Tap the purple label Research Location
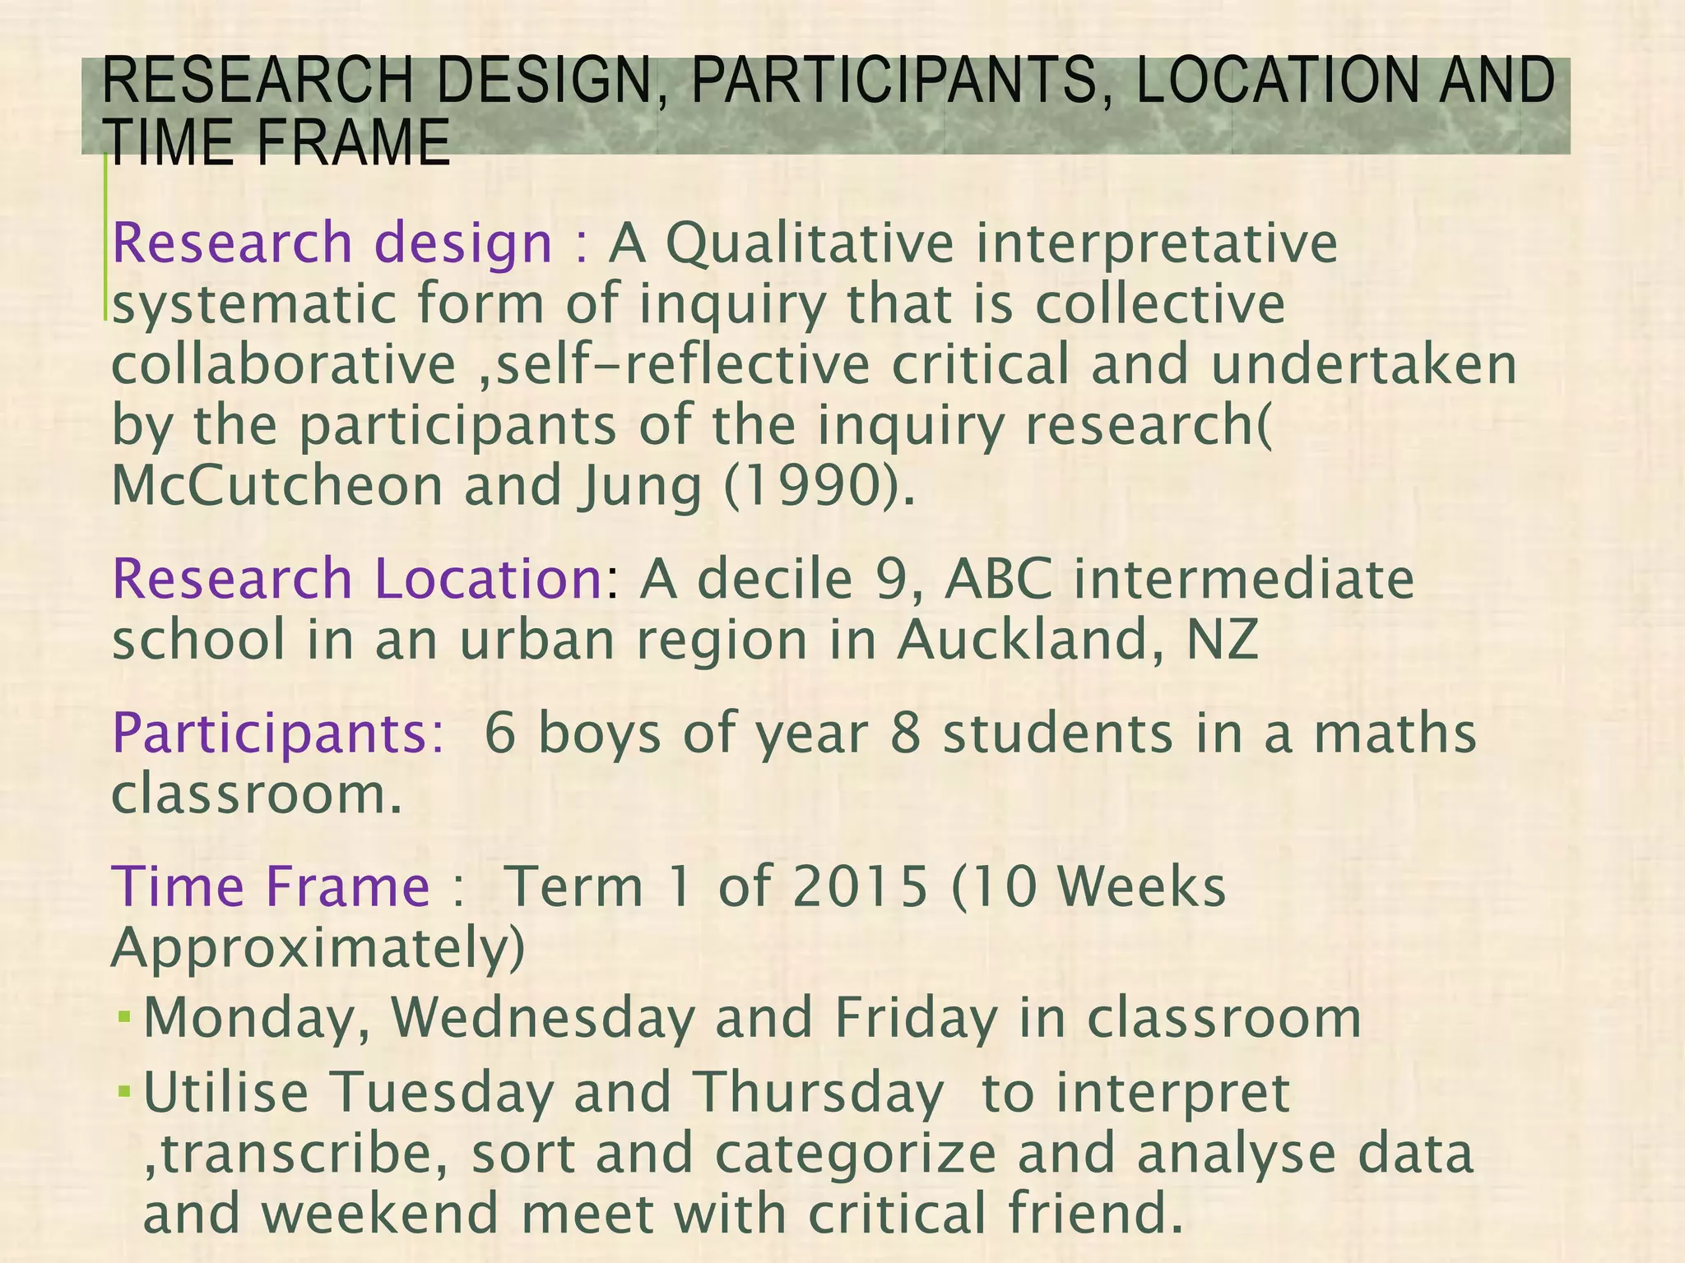(x=359, y=579)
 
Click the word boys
(x=599, y=734)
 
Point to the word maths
(x=1395, y=734)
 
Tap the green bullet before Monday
(x=125, y=1017)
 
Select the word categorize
(x=855, y=1154)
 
